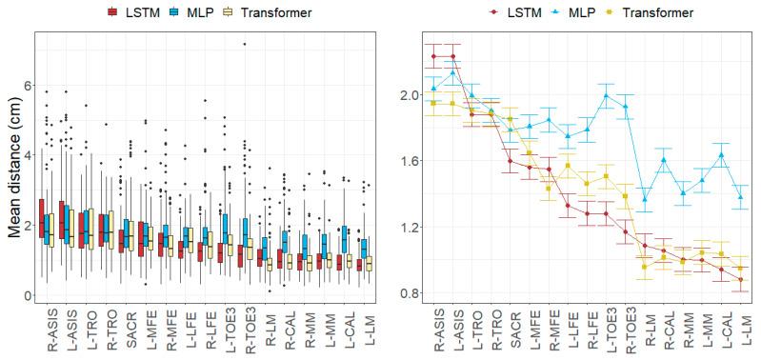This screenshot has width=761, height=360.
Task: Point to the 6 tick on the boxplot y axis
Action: (25, 84)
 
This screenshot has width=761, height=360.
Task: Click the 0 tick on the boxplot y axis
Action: (25, 295)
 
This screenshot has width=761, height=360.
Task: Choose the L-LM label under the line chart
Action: (740, 331)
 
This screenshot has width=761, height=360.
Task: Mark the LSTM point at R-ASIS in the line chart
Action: (433, 56)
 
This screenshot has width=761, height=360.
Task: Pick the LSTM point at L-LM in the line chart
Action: (740, 279)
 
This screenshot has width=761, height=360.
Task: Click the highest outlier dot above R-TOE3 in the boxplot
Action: (245, 44)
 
